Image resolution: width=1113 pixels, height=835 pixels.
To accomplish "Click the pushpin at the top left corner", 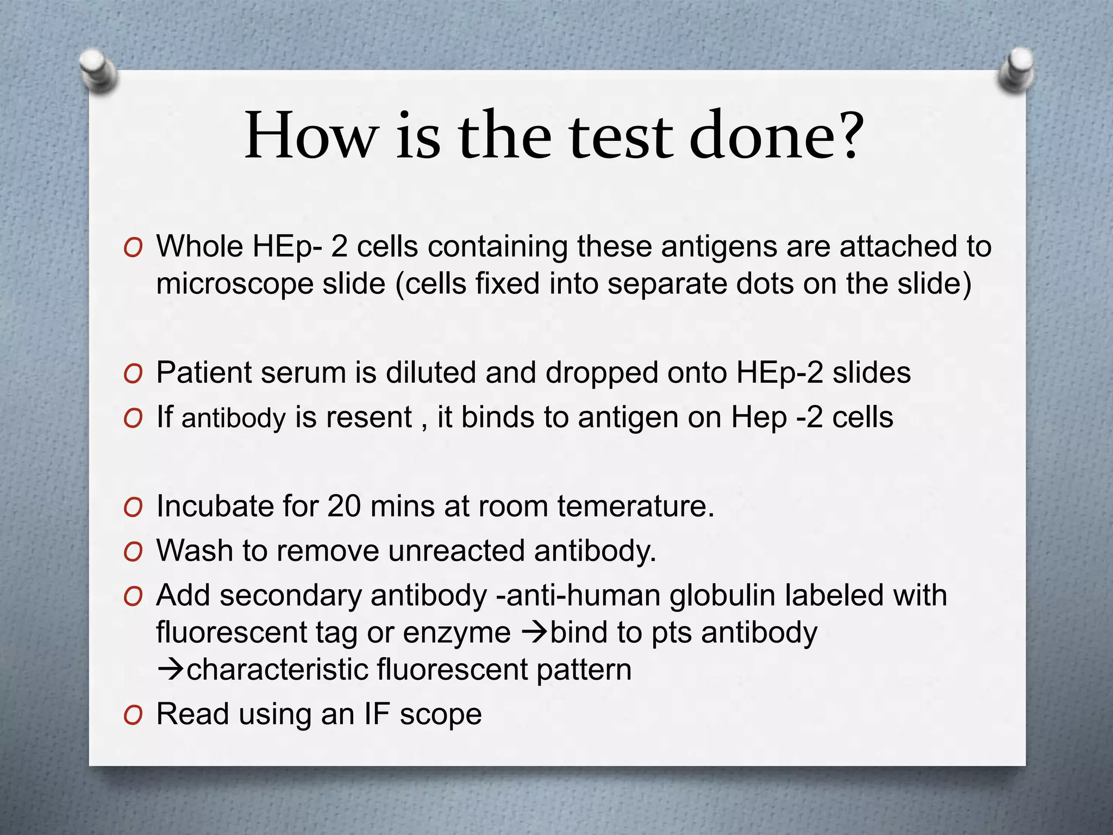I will click(97, 70).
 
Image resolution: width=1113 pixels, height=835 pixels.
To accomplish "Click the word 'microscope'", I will click(234, 284).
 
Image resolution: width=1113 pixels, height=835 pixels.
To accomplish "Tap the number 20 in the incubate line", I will click(343, 506).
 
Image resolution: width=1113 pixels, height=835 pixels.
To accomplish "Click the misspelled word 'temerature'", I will click(635, 506).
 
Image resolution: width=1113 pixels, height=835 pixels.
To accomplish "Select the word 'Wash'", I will click(195, 551).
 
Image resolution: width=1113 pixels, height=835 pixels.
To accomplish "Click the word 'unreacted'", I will click(456, 551).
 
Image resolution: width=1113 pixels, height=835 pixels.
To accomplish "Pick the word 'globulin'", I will click(722, 595).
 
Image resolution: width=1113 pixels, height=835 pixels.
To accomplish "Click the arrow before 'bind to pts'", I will click(534, 633).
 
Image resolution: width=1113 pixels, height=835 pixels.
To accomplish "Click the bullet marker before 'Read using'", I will click(133, 716).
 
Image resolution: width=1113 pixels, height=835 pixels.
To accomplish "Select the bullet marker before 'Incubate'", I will click(133, 508).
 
